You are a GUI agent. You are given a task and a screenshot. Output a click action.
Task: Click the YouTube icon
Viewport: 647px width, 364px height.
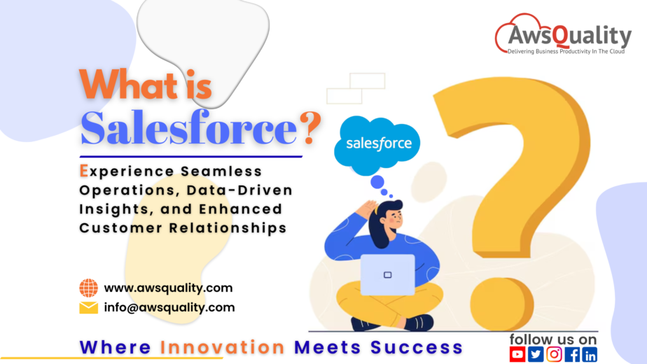click(517, 355)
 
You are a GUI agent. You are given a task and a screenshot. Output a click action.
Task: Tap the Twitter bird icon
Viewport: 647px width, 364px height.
click(536, 355)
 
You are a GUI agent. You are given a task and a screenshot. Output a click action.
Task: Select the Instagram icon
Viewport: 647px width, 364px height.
click(554, 355)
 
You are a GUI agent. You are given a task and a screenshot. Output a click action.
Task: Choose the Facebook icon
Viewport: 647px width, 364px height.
click(571, 355)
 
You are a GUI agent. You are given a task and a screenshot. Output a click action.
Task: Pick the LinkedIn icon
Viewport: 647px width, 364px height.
click(589, 355)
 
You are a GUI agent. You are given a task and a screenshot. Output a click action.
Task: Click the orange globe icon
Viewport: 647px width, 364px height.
click(88, 288)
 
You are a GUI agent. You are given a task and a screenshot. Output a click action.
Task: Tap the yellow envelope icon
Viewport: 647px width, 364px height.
click(88, 307)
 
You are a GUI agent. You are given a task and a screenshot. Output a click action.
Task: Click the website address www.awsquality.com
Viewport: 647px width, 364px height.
click(168, 288)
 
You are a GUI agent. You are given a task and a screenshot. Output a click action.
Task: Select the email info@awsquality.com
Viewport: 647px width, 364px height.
click(169, 307)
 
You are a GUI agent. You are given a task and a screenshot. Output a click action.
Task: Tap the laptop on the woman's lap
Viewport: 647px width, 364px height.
click(387, 274)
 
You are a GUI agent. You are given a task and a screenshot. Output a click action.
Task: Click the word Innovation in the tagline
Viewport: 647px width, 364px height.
click(222, 347)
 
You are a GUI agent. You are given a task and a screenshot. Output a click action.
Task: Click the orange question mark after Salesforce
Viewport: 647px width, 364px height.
click(308, 127)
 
